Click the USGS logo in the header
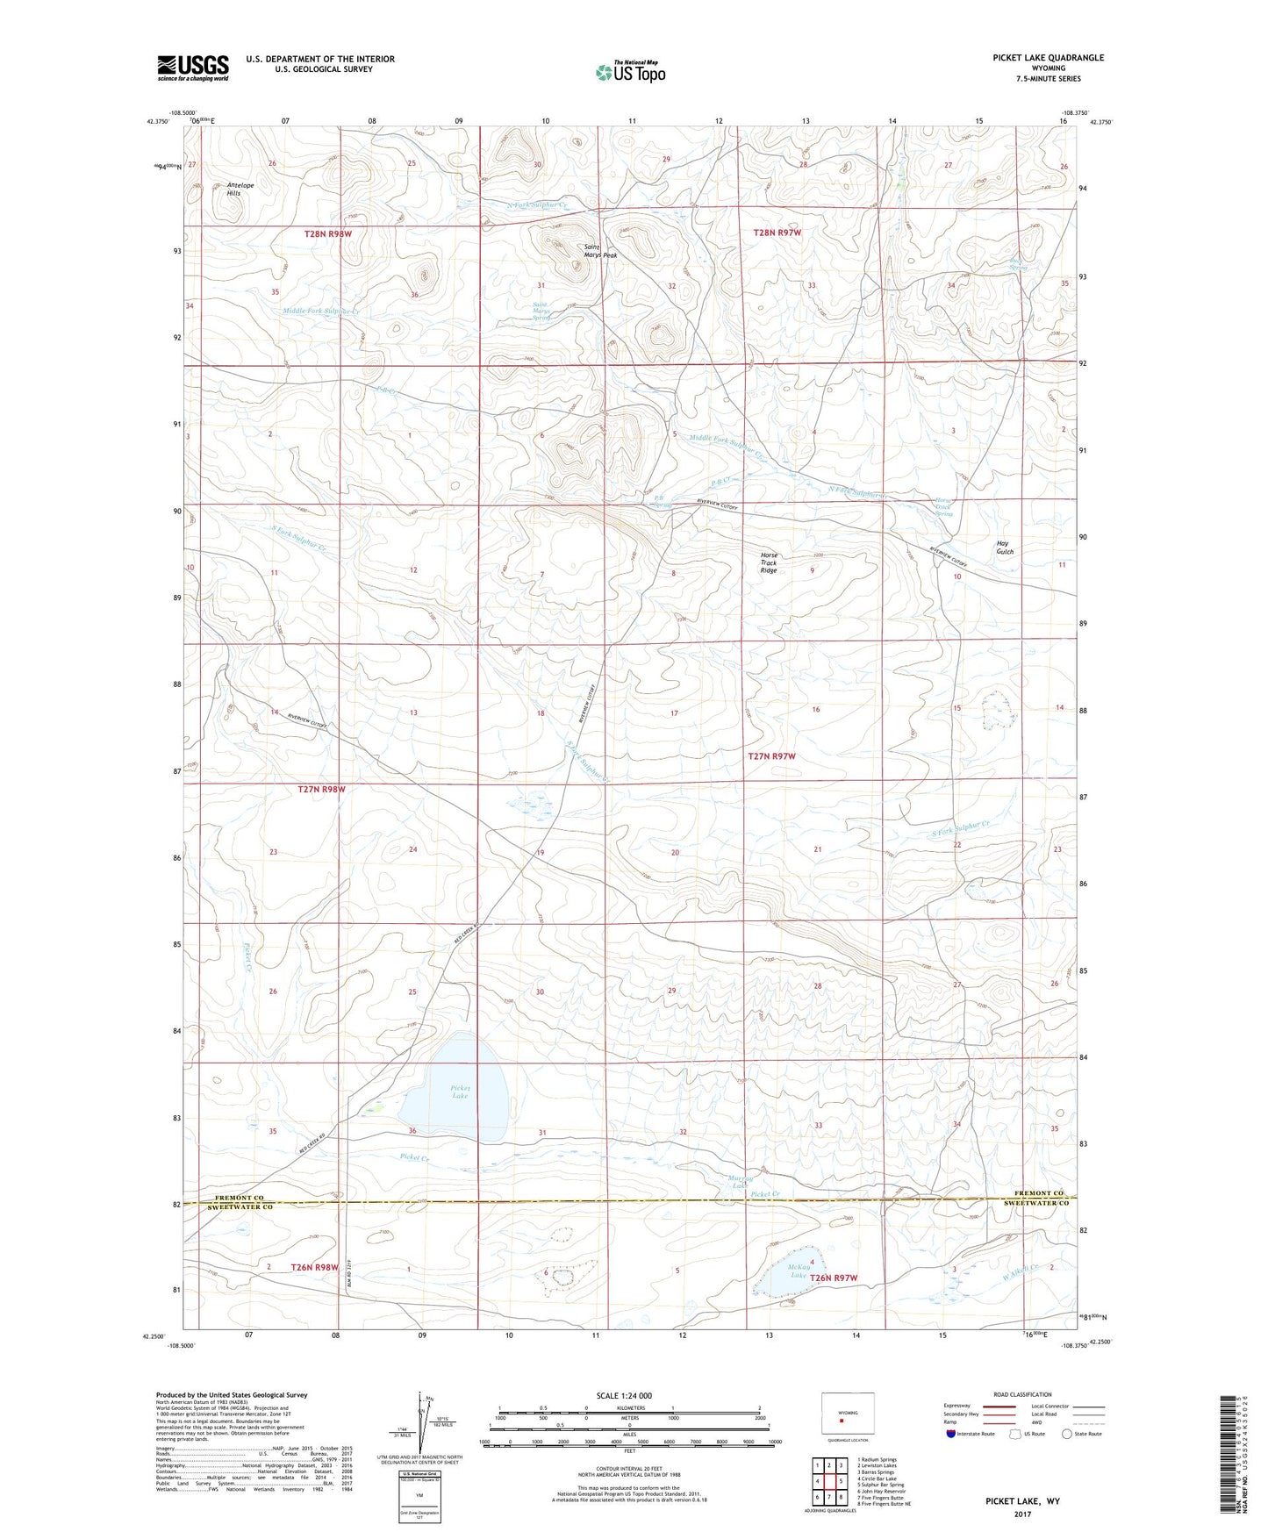[x=193, y=68]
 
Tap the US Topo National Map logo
[x=630, y=72]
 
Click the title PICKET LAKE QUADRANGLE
[x=1048, y=58]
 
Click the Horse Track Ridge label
[x=769, y=562]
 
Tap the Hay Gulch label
[x=1005, y=548]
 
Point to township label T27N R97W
[x=771, y=756]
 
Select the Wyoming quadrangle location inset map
[x=847, y=1416]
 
